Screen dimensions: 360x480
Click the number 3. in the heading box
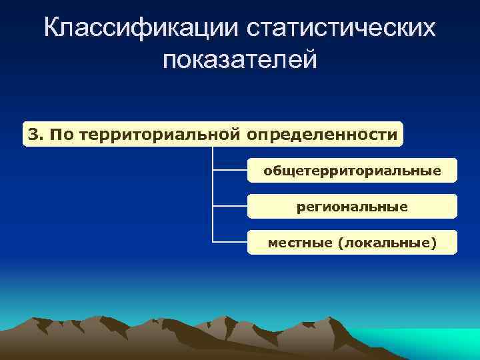(x=36, y=135)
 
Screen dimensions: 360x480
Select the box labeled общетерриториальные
(x=352, y=171)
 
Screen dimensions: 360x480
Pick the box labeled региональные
(x=352, y=207)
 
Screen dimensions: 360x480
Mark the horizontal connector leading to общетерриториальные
(x=230, y=170)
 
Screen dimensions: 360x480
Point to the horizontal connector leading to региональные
(x=230, y=206)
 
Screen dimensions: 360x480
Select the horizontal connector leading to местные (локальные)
(x=230, y=242)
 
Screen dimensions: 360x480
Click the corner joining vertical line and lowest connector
(x=213, y=242)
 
